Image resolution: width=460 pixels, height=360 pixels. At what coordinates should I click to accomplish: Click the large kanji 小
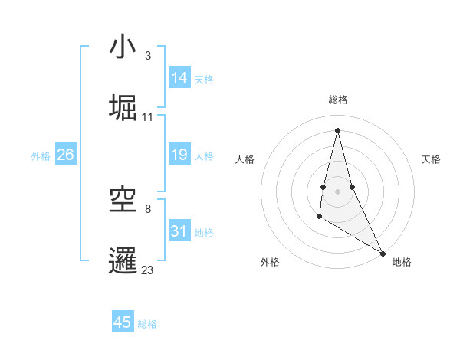click(123, 47)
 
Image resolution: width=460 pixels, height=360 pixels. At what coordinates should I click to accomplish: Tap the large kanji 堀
click(123, 107)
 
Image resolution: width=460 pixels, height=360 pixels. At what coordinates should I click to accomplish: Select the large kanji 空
click(123, 200)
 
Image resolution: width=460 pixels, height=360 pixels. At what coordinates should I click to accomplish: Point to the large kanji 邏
click(123, 260)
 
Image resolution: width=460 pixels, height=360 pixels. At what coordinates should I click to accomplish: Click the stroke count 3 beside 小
click(148, 56)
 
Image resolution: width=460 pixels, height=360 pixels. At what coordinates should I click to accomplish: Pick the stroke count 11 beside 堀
click(148, 117)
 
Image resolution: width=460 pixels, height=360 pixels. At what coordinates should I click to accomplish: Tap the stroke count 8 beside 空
click(148, 208)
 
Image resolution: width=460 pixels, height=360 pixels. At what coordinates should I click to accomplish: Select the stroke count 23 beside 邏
click(148, 270)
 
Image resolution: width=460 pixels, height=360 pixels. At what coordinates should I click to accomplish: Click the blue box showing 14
click(179, 78)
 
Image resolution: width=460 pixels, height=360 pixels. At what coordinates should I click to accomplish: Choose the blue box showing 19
click(179, 155)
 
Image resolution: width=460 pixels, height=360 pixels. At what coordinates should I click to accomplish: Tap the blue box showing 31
click(179, 231)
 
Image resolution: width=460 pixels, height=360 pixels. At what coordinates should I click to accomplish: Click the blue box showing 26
click(66, 155)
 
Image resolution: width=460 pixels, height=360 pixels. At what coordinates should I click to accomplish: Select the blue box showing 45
click(123, 322)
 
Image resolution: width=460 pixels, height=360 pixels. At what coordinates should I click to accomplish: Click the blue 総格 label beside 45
click(147, 324)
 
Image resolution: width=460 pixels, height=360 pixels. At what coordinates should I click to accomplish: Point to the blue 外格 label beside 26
click(41, 156)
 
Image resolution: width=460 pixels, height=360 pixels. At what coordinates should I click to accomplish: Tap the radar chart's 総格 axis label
click(338, 100)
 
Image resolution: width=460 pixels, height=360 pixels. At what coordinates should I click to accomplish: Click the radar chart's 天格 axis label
click(431, 159)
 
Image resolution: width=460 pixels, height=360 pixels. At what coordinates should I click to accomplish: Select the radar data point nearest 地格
click(383, 254)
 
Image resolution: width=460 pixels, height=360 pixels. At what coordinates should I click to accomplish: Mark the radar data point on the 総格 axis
click(337, 129)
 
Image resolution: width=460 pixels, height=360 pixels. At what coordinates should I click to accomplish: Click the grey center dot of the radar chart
click(337, 191)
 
